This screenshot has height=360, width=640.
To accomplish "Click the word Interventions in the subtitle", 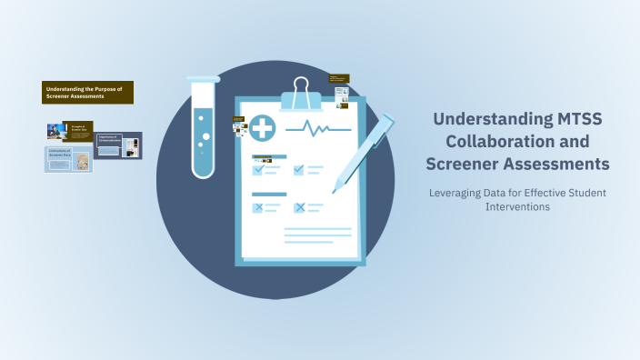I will pos(518,207).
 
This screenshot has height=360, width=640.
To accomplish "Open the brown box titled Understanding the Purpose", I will pos(87,93).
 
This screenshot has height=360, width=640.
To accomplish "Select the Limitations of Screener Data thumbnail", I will pos(68,160).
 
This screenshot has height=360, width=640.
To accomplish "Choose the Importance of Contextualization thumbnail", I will pos(119,145).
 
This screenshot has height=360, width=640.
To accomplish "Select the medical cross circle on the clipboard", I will pos(264,127).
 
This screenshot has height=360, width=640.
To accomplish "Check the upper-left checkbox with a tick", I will pos(258,169).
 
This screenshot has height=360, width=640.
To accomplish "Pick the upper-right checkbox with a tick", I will pos(299,169).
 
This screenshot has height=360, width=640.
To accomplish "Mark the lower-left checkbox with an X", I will pos(258,207).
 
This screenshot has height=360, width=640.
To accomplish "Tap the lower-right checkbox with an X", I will pos(299,207).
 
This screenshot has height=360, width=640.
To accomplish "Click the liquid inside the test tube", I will pos(204,145).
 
